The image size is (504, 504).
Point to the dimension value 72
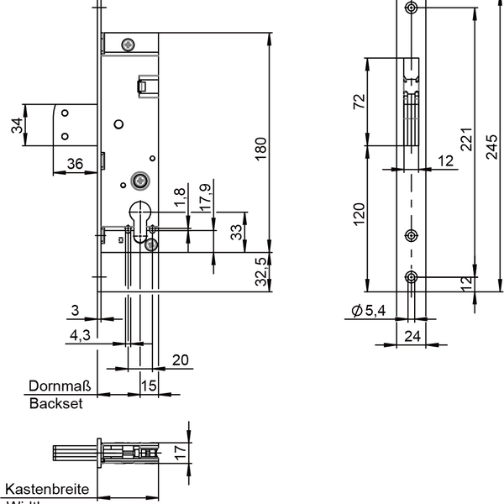point(359,102)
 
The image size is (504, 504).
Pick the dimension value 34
point(16,126)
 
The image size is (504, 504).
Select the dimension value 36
point(74,164)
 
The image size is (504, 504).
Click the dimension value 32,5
point(260,271)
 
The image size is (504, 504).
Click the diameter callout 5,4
point(367,312)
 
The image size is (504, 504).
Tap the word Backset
point(56,403)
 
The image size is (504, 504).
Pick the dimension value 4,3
point(80,334)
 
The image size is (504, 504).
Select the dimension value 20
point(179,360)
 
